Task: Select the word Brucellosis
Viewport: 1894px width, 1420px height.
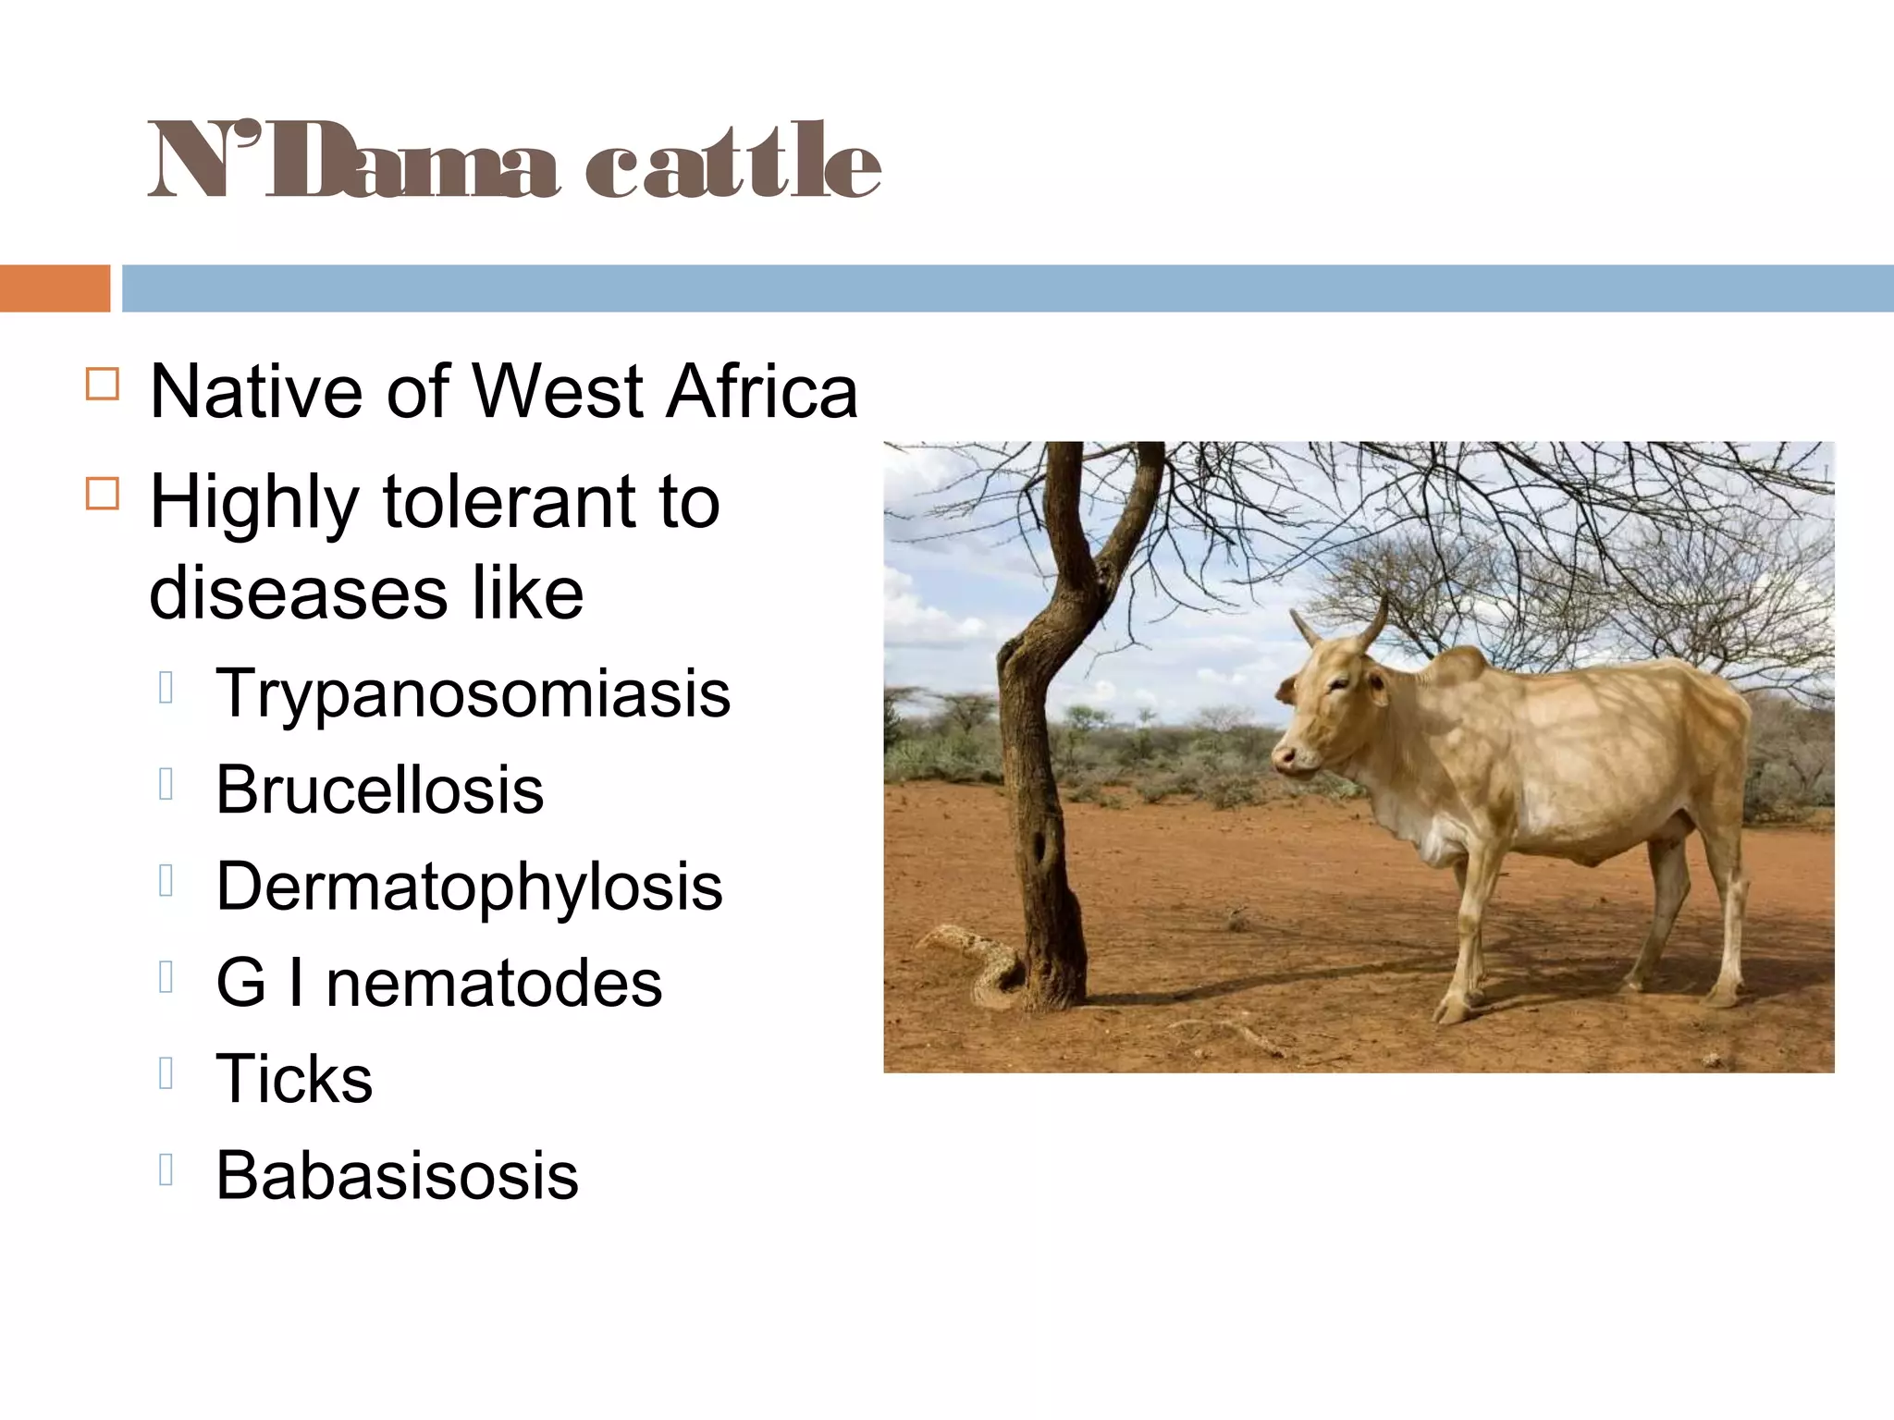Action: click(x=379, y=790)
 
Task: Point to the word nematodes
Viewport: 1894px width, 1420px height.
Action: click(x=494, y=983)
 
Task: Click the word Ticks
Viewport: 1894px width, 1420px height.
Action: click(x=294, y=1079)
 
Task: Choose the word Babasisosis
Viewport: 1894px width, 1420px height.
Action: click(x=397, y=1176)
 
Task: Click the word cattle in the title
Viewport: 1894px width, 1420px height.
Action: click(x=732, y=162)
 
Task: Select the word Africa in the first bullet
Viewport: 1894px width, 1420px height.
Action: click(x=762, y=392)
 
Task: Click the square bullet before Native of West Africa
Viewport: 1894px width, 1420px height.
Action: click(x=103, y=384)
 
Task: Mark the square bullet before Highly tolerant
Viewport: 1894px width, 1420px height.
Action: click(x=103, y=494)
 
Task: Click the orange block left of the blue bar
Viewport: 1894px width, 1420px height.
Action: click(x=55, y=288)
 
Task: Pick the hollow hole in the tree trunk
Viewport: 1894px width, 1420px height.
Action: click(x=1040, y=846)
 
